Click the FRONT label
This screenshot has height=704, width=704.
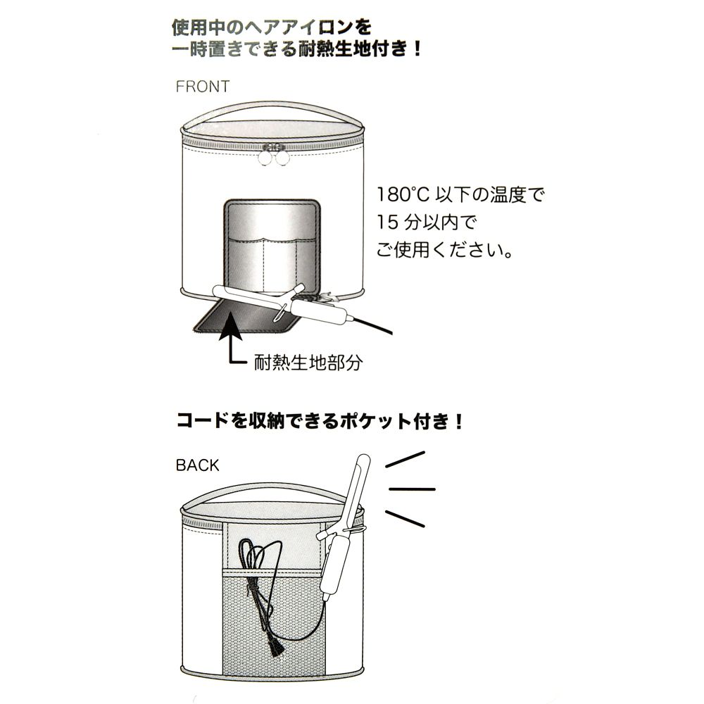(203, 86)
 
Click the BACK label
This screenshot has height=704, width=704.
(198, 465)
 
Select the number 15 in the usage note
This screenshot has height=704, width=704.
(387, 222)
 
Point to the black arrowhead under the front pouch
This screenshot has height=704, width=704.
(230, 327)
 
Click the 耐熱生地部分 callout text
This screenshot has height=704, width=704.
(308, 362)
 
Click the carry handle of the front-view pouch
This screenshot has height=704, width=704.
(273, 110)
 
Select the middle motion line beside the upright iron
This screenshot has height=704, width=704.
(412, 489)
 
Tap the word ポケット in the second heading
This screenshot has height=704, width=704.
(375, 421)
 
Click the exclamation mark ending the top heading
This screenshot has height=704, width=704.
(418, 48)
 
